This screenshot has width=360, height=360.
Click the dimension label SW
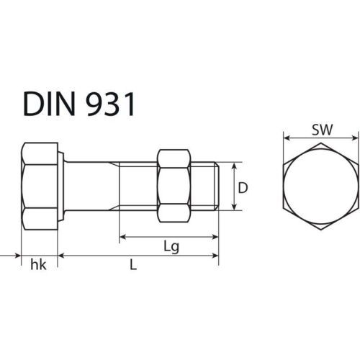[321, 130]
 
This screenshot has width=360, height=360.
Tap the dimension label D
[243, 188]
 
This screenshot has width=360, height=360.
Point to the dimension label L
[132, 265]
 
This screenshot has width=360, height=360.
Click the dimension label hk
[38, 265]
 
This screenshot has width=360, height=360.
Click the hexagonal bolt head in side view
[40, 186]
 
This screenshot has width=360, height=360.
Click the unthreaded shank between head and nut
[90, 186]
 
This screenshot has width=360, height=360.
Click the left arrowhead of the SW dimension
[286, 138]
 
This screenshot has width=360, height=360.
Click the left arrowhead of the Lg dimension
[122, 236]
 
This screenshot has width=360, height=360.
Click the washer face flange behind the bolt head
[62, 186]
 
